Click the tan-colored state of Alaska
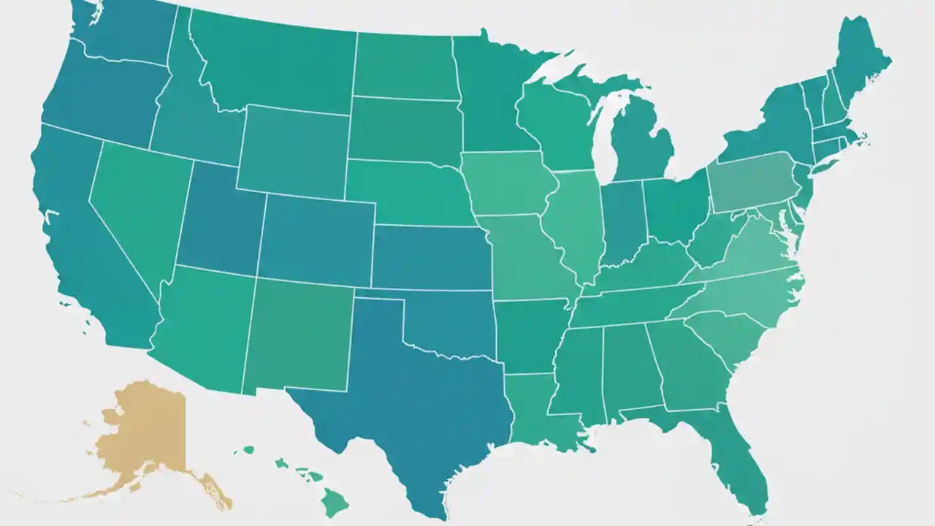click(139, 431)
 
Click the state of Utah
click(219, 219)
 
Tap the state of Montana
click(278, 66)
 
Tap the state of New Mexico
click(299, 336)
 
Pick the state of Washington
click(124, 29)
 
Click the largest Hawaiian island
click(336, 502)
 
